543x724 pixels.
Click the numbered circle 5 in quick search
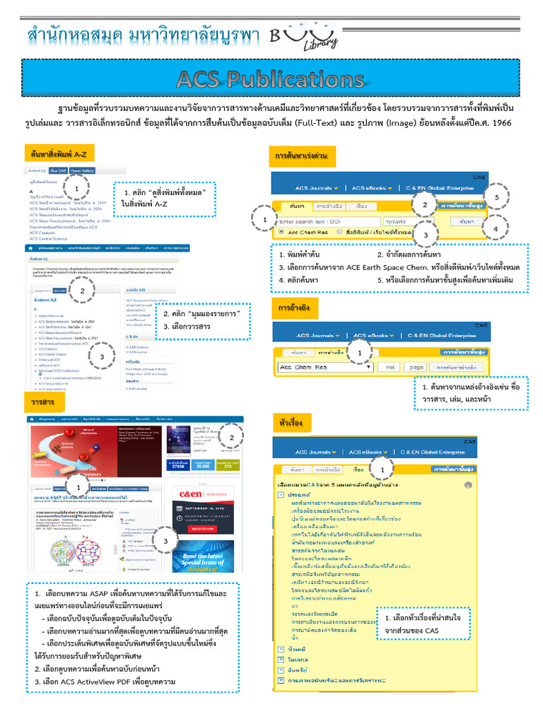(498, 197)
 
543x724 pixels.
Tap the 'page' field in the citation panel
(416, 367)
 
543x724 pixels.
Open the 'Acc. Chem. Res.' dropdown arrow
(369, 367)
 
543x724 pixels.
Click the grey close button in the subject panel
(467, 486)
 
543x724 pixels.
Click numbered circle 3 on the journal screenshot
(164, 542)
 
